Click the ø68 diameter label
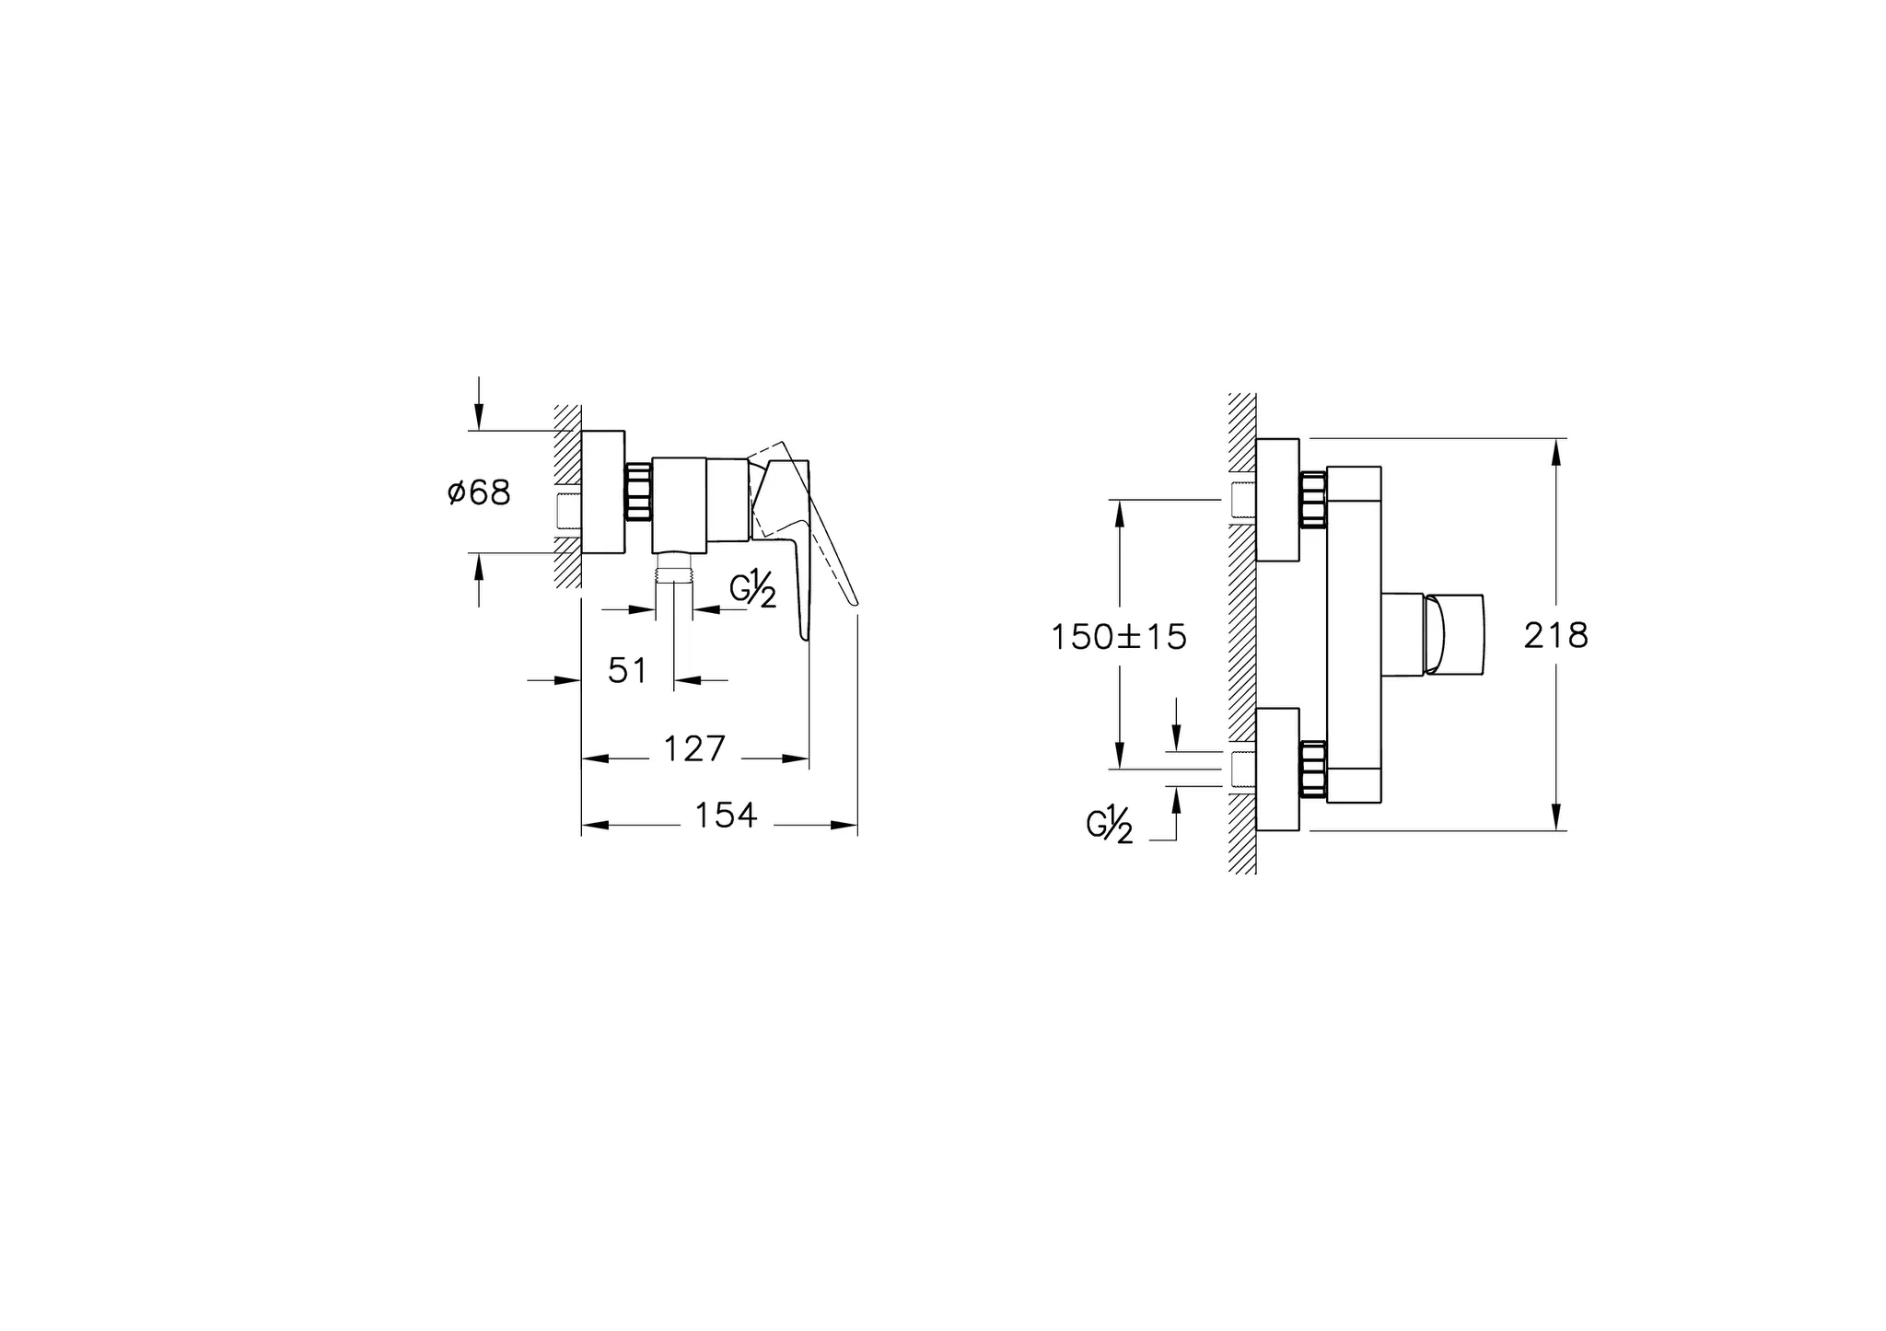click(479, 492)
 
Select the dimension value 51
click(627, 671)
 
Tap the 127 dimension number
click(694, 749)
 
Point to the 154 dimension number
click(725, 816)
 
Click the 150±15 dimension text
click(1119, 637)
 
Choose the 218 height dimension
click(1556, 635)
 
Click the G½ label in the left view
click(752, 590)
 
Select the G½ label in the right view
click(1110, 825)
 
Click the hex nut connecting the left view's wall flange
click(637, 492)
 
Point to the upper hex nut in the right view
click(1312, 499)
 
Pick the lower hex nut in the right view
click(1312, 768)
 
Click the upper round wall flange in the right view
click(1277, 500)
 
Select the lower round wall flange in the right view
click(1277, 769)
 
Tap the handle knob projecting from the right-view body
click(1455, 635)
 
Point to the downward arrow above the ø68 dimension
click(478, 416)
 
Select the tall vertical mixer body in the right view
click(1354, 635)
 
